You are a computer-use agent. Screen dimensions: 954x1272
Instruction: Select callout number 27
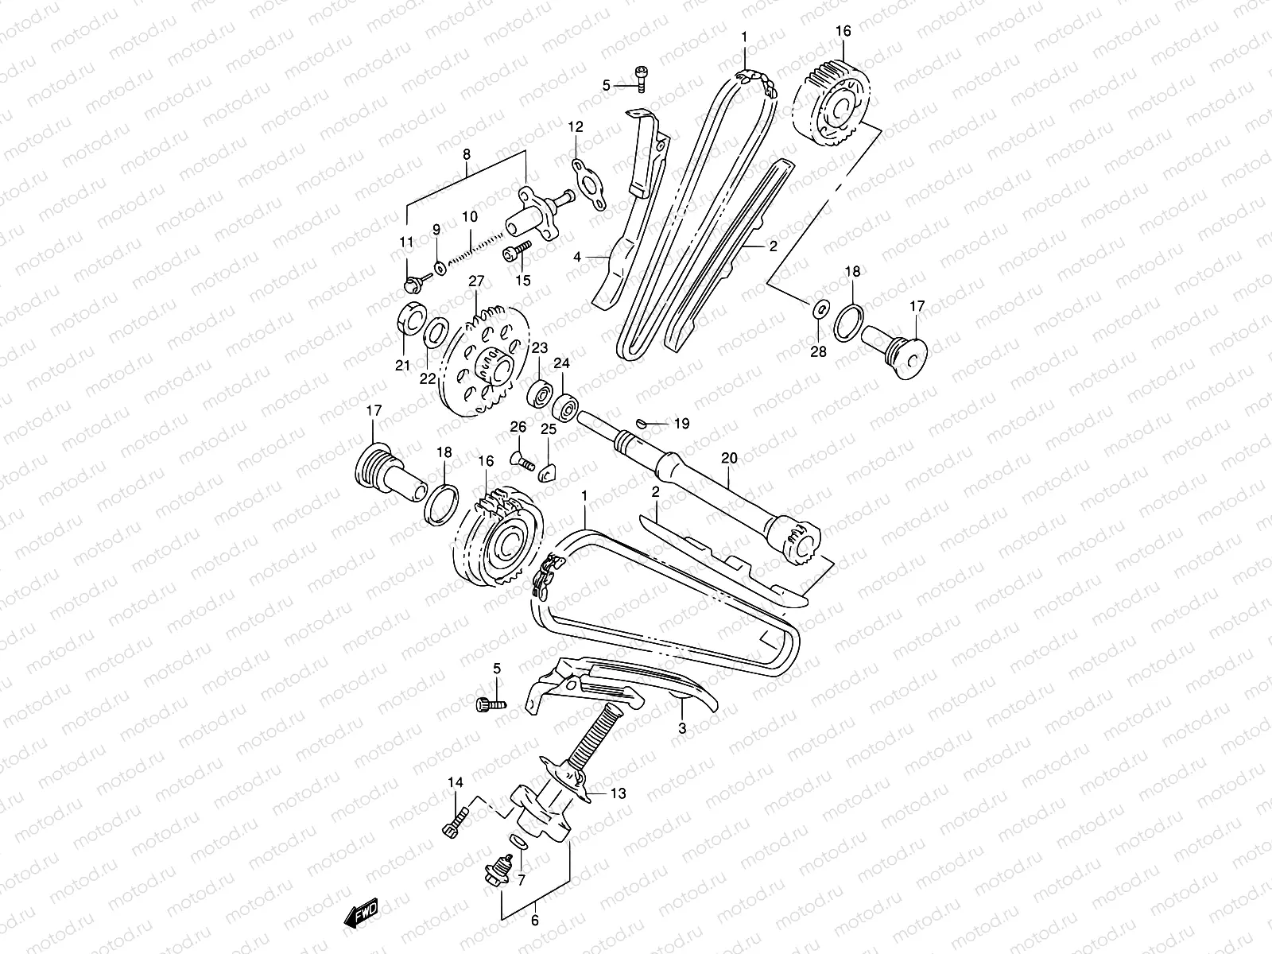[x=475, y=281]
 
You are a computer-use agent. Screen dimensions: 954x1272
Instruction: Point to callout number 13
[x=619, y=793]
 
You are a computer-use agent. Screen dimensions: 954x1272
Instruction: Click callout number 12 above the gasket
[x=576, y=126]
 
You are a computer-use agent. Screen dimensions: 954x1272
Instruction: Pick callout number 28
[x=818, y=351]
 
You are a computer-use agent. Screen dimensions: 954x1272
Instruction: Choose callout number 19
[x=681, y=424]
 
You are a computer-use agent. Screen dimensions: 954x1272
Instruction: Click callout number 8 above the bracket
[x=466, y=154]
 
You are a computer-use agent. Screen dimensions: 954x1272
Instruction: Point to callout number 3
[x=681, y=727]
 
